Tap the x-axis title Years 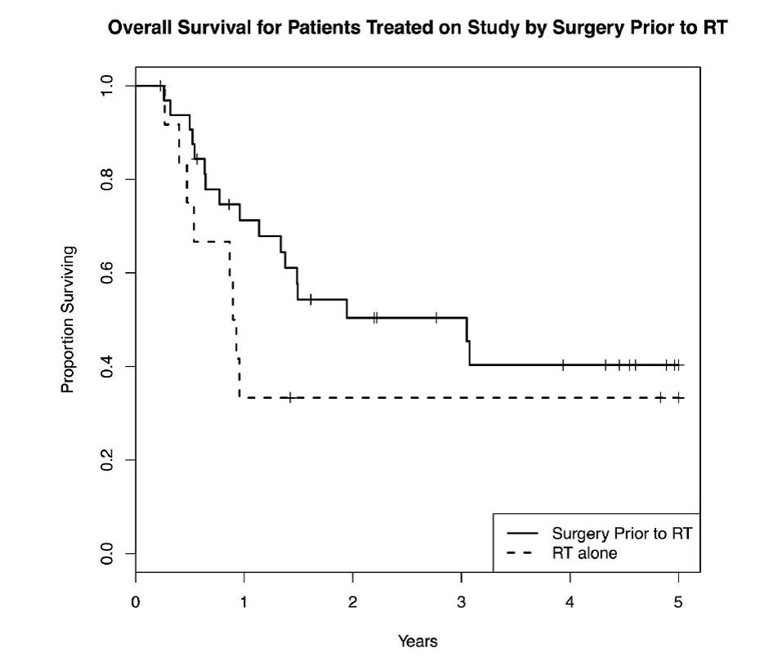pyautogui.click(x=418, y=641)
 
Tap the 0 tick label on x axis pyautogui.click(x=136, y=603)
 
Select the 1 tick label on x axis pyautogui.click(x=244, y=603)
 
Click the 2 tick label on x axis pyautogui.click(x=353, y=603)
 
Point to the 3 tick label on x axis pyautogui.click(x=461, y=603)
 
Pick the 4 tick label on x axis pyautogui.click(x=570, y=603)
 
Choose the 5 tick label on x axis pyautogui.click(x=678, y=603)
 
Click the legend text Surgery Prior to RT pyautogui.click(x=622, y=534)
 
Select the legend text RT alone pyautogui.click(x=584, y=553)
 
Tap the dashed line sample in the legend pyautogui.click(x=523, y=553)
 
